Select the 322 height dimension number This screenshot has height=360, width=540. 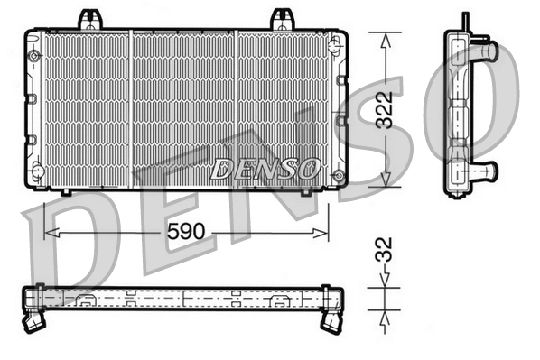(x=386, y=109)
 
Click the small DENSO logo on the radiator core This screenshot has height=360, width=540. (x=266, y=167)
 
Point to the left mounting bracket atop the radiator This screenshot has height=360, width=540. (x=88, y=18)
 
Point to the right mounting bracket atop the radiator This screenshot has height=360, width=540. (x=284, y=18)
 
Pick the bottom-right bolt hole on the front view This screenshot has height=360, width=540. (x=337, y=174)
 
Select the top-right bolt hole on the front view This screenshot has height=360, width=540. (x=337, y=42)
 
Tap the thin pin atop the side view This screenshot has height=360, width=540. (x=465, y=20)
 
